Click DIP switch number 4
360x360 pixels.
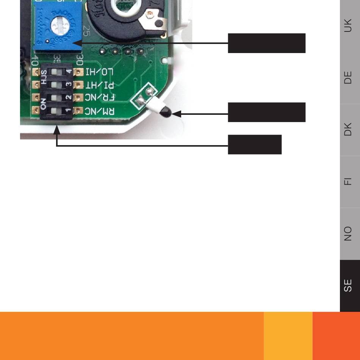tap(57, 72)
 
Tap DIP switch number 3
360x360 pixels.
tap(57, 85)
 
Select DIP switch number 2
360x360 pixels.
tap(57, 98)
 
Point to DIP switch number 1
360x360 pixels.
tap(57, 111)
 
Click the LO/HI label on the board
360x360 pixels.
tap(100, 72)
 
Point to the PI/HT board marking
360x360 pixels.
tap(100, 85)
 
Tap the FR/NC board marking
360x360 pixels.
tap(100, 98)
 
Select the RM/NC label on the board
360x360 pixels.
tap(100, 111)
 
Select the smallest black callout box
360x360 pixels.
tap(255, 144)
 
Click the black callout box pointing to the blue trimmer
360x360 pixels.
tap(266, 43)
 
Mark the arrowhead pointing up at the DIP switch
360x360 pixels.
tap(57, 130)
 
